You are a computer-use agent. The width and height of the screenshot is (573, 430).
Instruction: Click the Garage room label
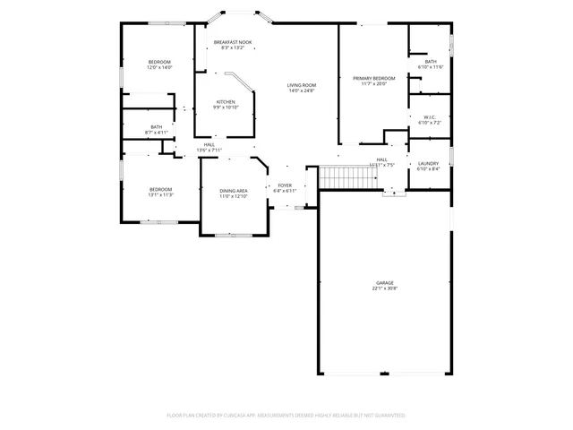point(384,283)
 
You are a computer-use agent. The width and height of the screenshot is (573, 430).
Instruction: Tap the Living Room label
point(302,85)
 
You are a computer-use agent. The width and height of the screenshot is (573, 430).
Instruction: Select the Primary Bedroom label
point(373,78)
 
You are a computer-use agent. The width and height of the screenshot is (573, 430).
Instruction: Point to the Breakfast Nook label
point(232,42)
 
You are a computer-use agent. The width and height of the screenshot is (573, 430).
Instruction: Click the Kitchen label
point(226,102)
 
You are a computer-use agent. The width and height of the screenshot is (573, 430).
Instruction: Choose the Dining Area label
point(234,190)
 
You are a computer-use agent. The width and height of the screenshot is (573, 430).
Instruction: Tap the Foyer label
point(284,185)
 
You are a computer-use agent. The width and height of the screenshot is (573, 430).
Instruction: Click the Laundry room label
point(428,163)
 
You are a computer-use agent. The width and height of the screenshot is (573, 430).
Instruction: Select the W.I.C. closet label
point(429,117)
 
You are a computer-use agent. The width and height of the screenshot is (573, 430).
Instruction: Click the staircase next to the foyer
point(339,178)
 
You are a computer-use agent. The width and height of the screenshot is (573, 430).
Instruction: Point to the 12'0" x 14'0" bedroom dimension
point(159,67)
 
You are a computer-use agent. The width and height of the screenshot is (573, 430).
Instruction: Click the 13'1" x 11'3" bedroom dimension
point(160,194)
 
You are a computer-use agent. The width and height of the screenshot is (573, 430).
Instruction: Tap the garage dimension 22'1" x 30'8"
point(384,288)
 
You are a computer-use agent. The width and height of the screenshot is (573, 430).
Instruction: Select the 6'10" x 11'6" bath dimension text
point(431,67)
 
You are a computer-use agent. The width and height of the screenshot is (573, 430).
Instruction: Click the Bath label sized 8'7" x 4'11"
point(157,127)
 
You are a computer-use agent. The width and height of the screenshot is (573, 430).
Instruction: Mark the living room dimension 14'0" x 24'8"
point(302,90)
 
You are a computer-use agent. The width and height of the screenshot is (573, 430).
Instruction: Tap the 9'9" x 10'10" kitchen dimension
point(226,107)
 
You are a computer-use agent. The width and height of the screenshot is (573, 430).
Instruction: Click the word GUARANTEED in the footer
point(387,416)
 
